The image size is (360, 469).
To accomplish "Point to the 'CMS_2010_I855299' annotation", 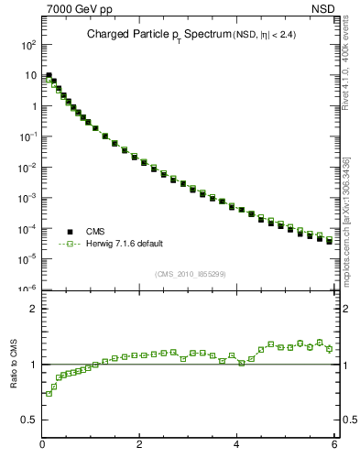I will click(x=190, y=273).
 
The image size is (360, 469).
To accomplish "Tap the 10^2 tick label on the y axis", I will click(x=29, y=44).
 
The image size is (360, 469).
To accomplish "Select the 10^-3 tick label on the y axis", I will click(x=28, y=197).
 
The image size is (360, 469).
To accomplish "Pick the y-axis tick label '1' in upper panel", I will click(x=33, y=105).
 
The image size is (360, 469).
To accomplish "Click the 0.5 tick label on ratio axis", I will click(x=29, y=420).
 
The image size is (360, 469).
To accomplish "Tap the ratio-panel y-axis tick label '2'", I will click(x=33, y=309).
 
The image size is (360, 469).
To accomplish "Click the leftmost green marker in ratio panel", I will click(x=49, y=394).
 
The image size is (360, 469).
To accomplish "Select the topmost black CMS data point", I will click(x=49, y=76).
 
